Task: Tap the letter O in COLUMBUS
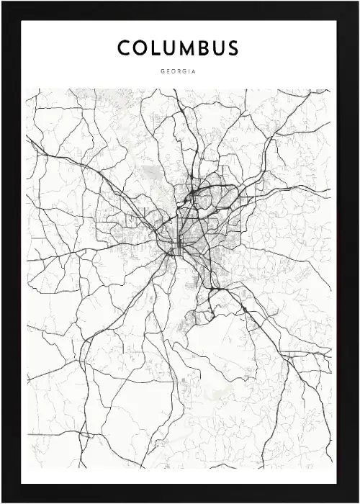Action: click(x=140, y=49)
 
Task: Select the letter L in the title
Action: click(x=155, y=49)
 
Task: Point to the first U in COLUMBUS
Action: click(x=168, y=49)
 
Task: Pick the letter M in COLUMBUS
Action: click(x=186, y=49)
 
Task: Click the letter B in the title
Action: click(x=202, y=49)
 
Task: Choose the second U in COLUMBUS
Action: click(x=217, y=49)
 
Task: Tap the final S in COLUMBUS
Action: click(x=232, y=49)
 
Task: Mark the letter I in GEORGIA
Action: click(x=189, y=72)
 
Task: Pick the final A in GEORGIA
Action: click(x=194, y=72)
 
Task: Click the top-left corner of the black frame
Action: click(x=2, y=2)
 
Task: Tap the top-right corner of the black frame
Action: click(x=358, y=2)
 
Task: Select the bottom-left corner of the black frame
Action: click(x=2, y=502)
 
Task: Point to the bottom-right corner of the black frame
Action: click(x=358, y=502)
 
